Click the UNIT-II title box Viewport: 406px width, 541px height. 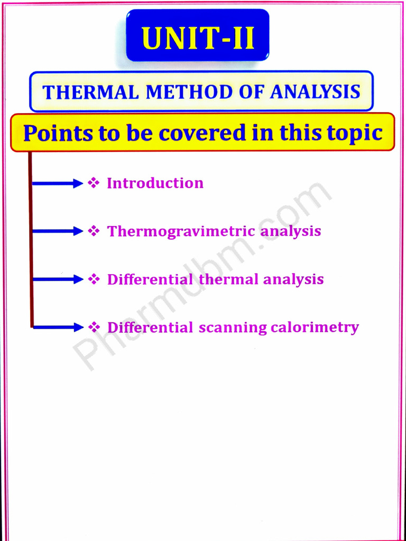(198, 35)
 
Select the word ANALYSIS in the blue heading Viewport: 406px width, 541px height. (315, 92)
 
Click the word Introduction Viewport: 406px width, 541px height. (155, 183)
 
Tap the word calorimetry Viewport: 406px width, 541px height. (315, 328)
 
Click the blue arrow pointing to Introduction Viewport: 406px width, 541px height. (57, 183)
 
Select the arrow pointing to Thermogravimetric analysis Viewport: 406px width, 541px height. (57, 231)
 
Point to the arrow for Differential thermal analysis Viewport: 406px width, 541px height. (57, 279)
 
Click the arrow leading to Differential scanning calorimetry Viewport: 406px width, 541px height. (57, 327)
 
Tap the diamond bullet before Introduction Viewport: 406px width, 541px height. (94, 183)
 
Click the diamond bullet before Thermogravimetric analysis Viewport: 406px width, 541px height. (94, 231)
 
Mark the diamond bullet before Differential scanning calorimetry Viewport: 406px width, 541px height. (94, 327)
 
